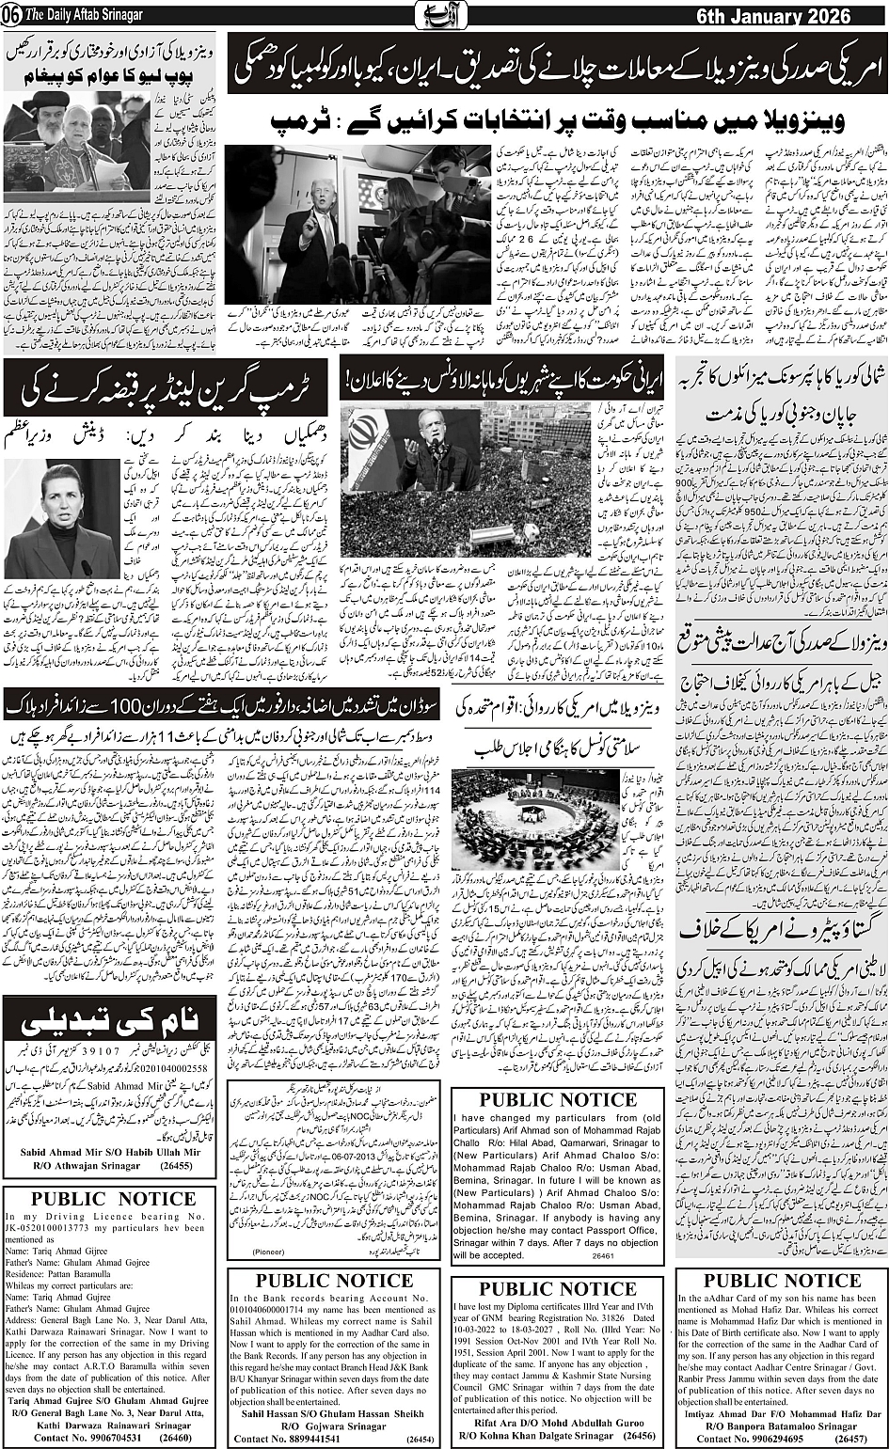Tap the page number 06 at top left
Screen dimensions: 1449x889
tap(11, 16)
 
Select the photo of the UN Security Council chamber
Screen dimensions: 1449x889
tap(535, 819)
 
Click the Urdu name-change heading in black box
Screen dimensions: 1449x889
tap(109, 1018)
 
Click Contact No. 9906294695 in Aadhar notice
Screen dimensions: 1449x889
tap(750, 1439)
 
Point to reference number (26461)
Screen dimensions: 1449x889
tap(603, 1255)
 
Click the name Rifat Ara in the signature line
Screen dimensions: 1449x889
tap(484, 1424)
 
